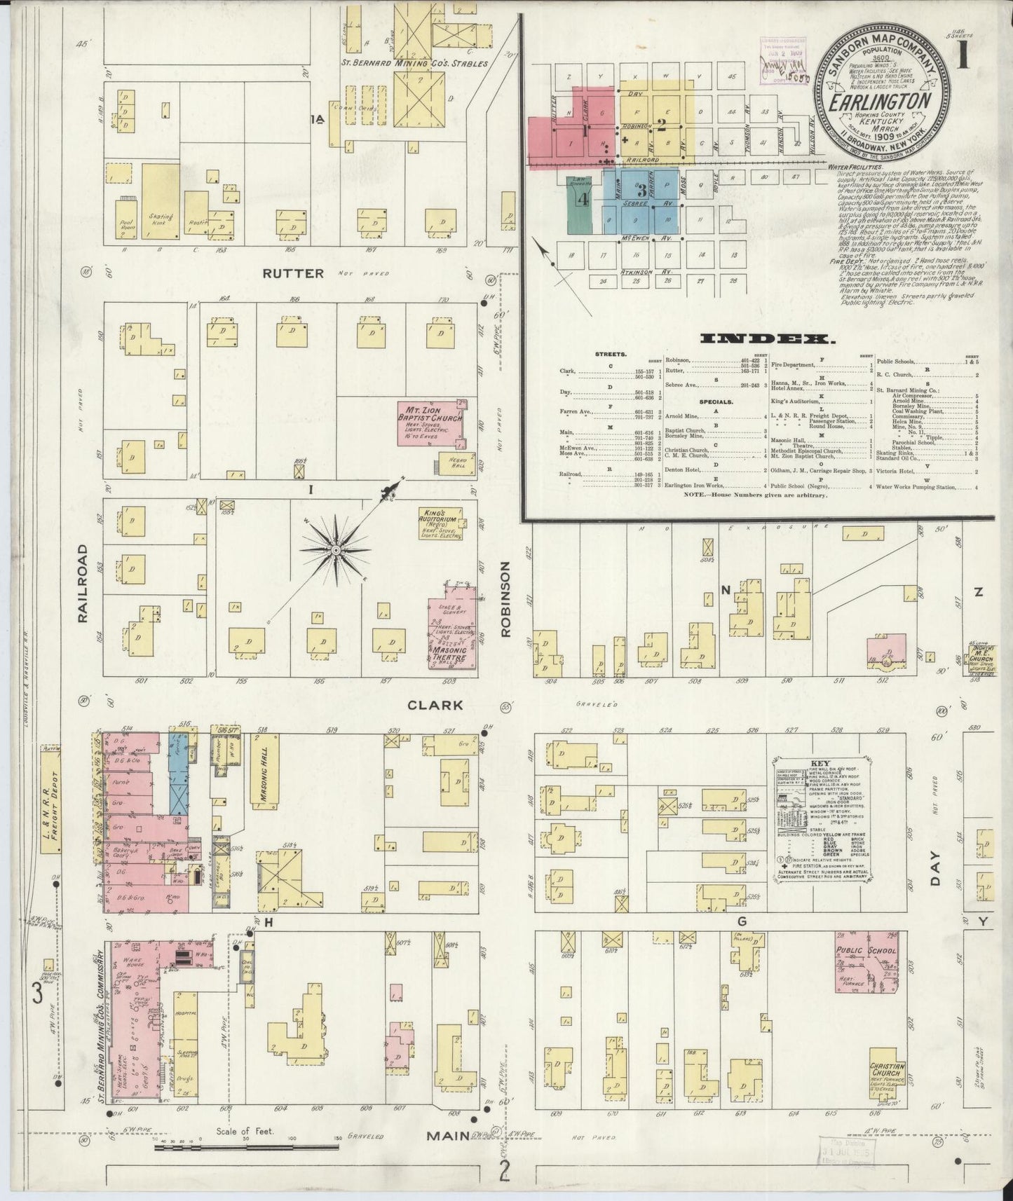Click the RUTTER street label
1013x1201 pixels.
click(294, 273)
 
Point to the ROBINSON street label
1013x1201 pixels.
click(508, 598)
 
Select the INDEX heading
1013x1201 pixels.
click(768, 340)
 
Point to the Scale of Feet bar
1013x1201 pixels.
click(245, 1148)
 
